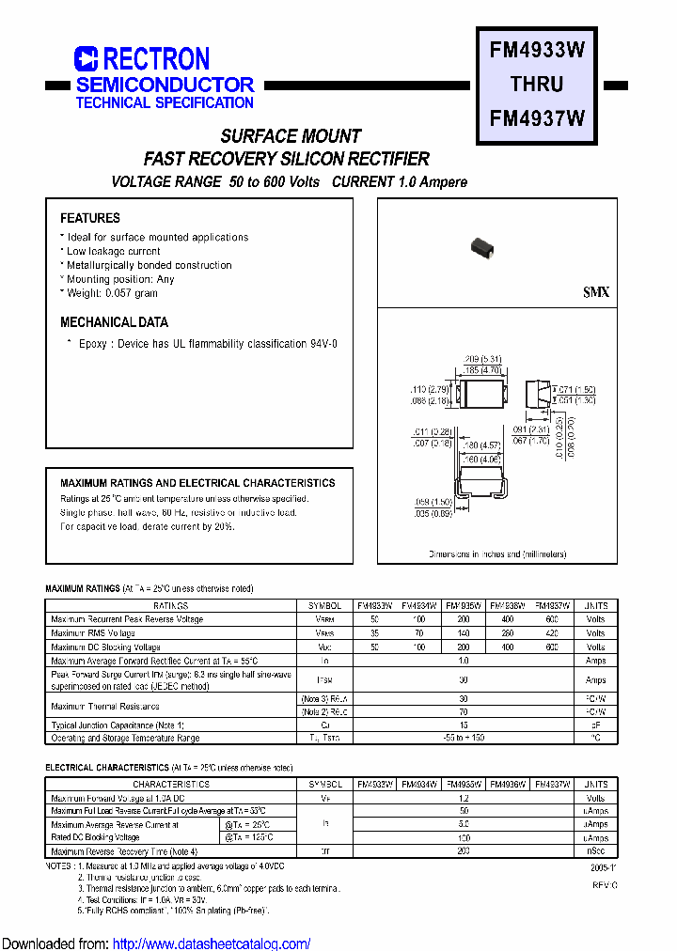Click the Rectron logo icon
pos(86,59)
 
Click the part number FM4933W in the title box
pos(538,50)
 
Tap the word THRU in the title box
pos(537,84)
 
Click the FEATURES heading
pos(90,218)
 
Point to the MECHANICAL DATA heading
pos(114,322)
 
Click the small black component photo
pos(482,247)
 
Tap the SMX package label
pos(596,292)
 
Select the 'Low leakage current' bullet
pos(113,251)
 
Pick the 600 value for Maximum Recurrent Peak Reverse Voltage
pos(552,620)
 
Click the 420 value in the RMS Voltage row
pos(552,633)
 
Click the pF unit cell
pos(596,725)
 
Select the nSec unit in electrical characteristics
pos(596,850)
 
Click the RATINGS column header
pos(170,606)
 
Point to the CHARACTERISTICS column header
pos(170,784)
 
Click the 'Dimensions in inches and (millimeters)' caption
pos(497,554)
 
